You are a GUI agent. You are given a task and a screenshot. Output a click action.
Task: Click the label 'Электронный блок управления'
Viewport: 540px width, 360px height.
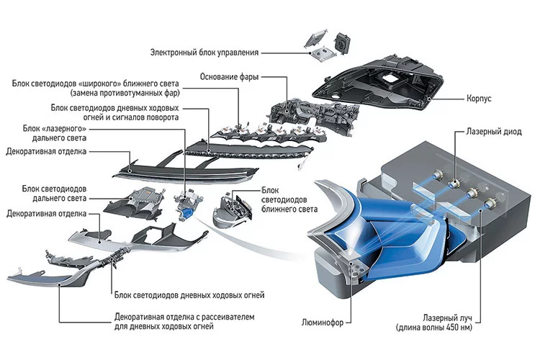(204, 53)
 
